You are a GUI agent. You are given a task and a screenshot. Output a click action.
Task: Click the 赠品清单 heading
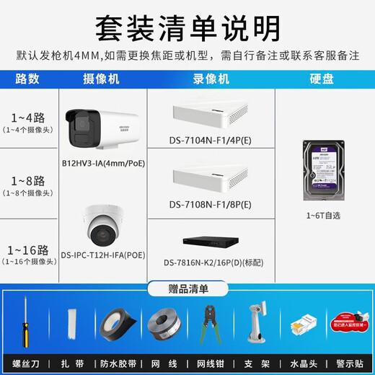pyautogui.click(x=187, y=289)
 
